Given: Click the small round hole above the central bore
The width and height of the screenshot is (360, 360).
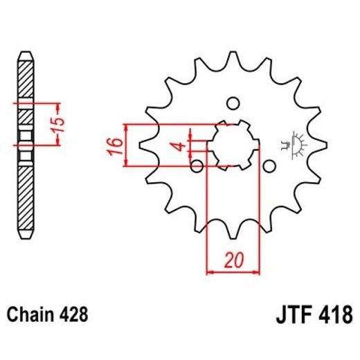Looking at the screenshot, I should pos(233,103).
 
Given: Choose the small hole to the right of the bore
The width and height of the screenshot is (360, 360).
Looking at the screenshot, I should pos(269,166).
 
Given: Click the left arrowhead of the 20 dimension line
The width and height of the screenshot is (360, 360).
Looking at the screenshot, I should pos(210,271).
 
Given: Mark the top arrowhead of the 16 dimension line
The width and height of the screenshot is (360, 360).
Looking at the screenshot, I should pos(126,127).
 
